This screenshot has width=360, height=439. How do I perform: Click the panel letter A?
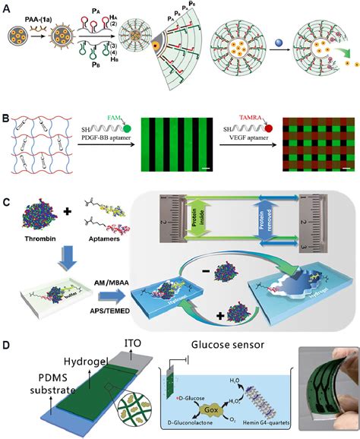tap(7, 8)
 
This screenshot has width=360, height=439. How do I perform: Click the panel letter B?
tap(7, 99)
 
